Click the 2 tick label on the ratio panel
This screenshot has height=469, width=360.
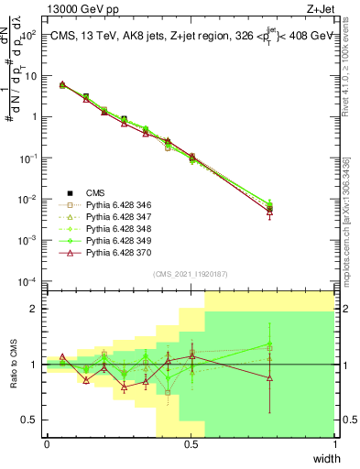pyautogui.click(x=35, y=309)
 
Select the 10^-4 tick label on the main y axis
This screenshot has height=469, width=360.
pyautogui.click(x=28, y=280)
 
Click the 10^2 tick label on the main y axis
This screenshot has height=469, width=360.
pyautogui.click(x=28, y=34)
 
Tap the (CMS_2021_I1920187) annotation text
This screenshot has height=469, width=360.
pyautogui.click(x=190, y=273)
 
